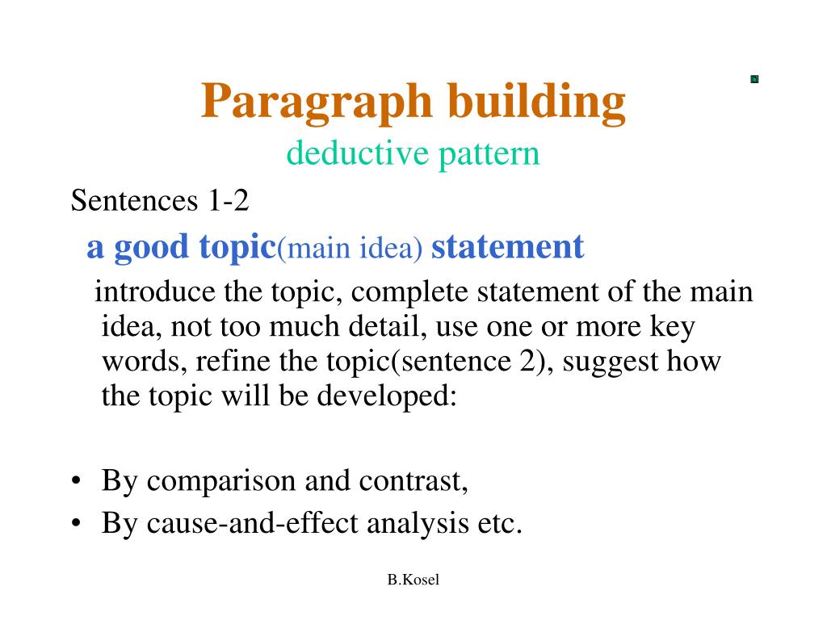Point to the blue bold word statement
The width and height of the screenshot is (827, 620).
[507, 246]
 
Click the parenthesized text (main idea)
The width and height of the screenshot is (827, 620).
[351, 249]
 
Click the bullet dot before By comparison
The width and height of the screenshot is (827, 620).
[76, 483]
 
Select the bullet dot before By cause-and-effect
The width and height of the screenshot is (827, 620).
[76, 525]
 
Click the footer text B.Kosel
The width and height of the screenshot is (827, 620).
[413, 580]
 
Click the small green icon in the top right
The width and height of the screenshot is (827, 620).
[754, 79]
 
